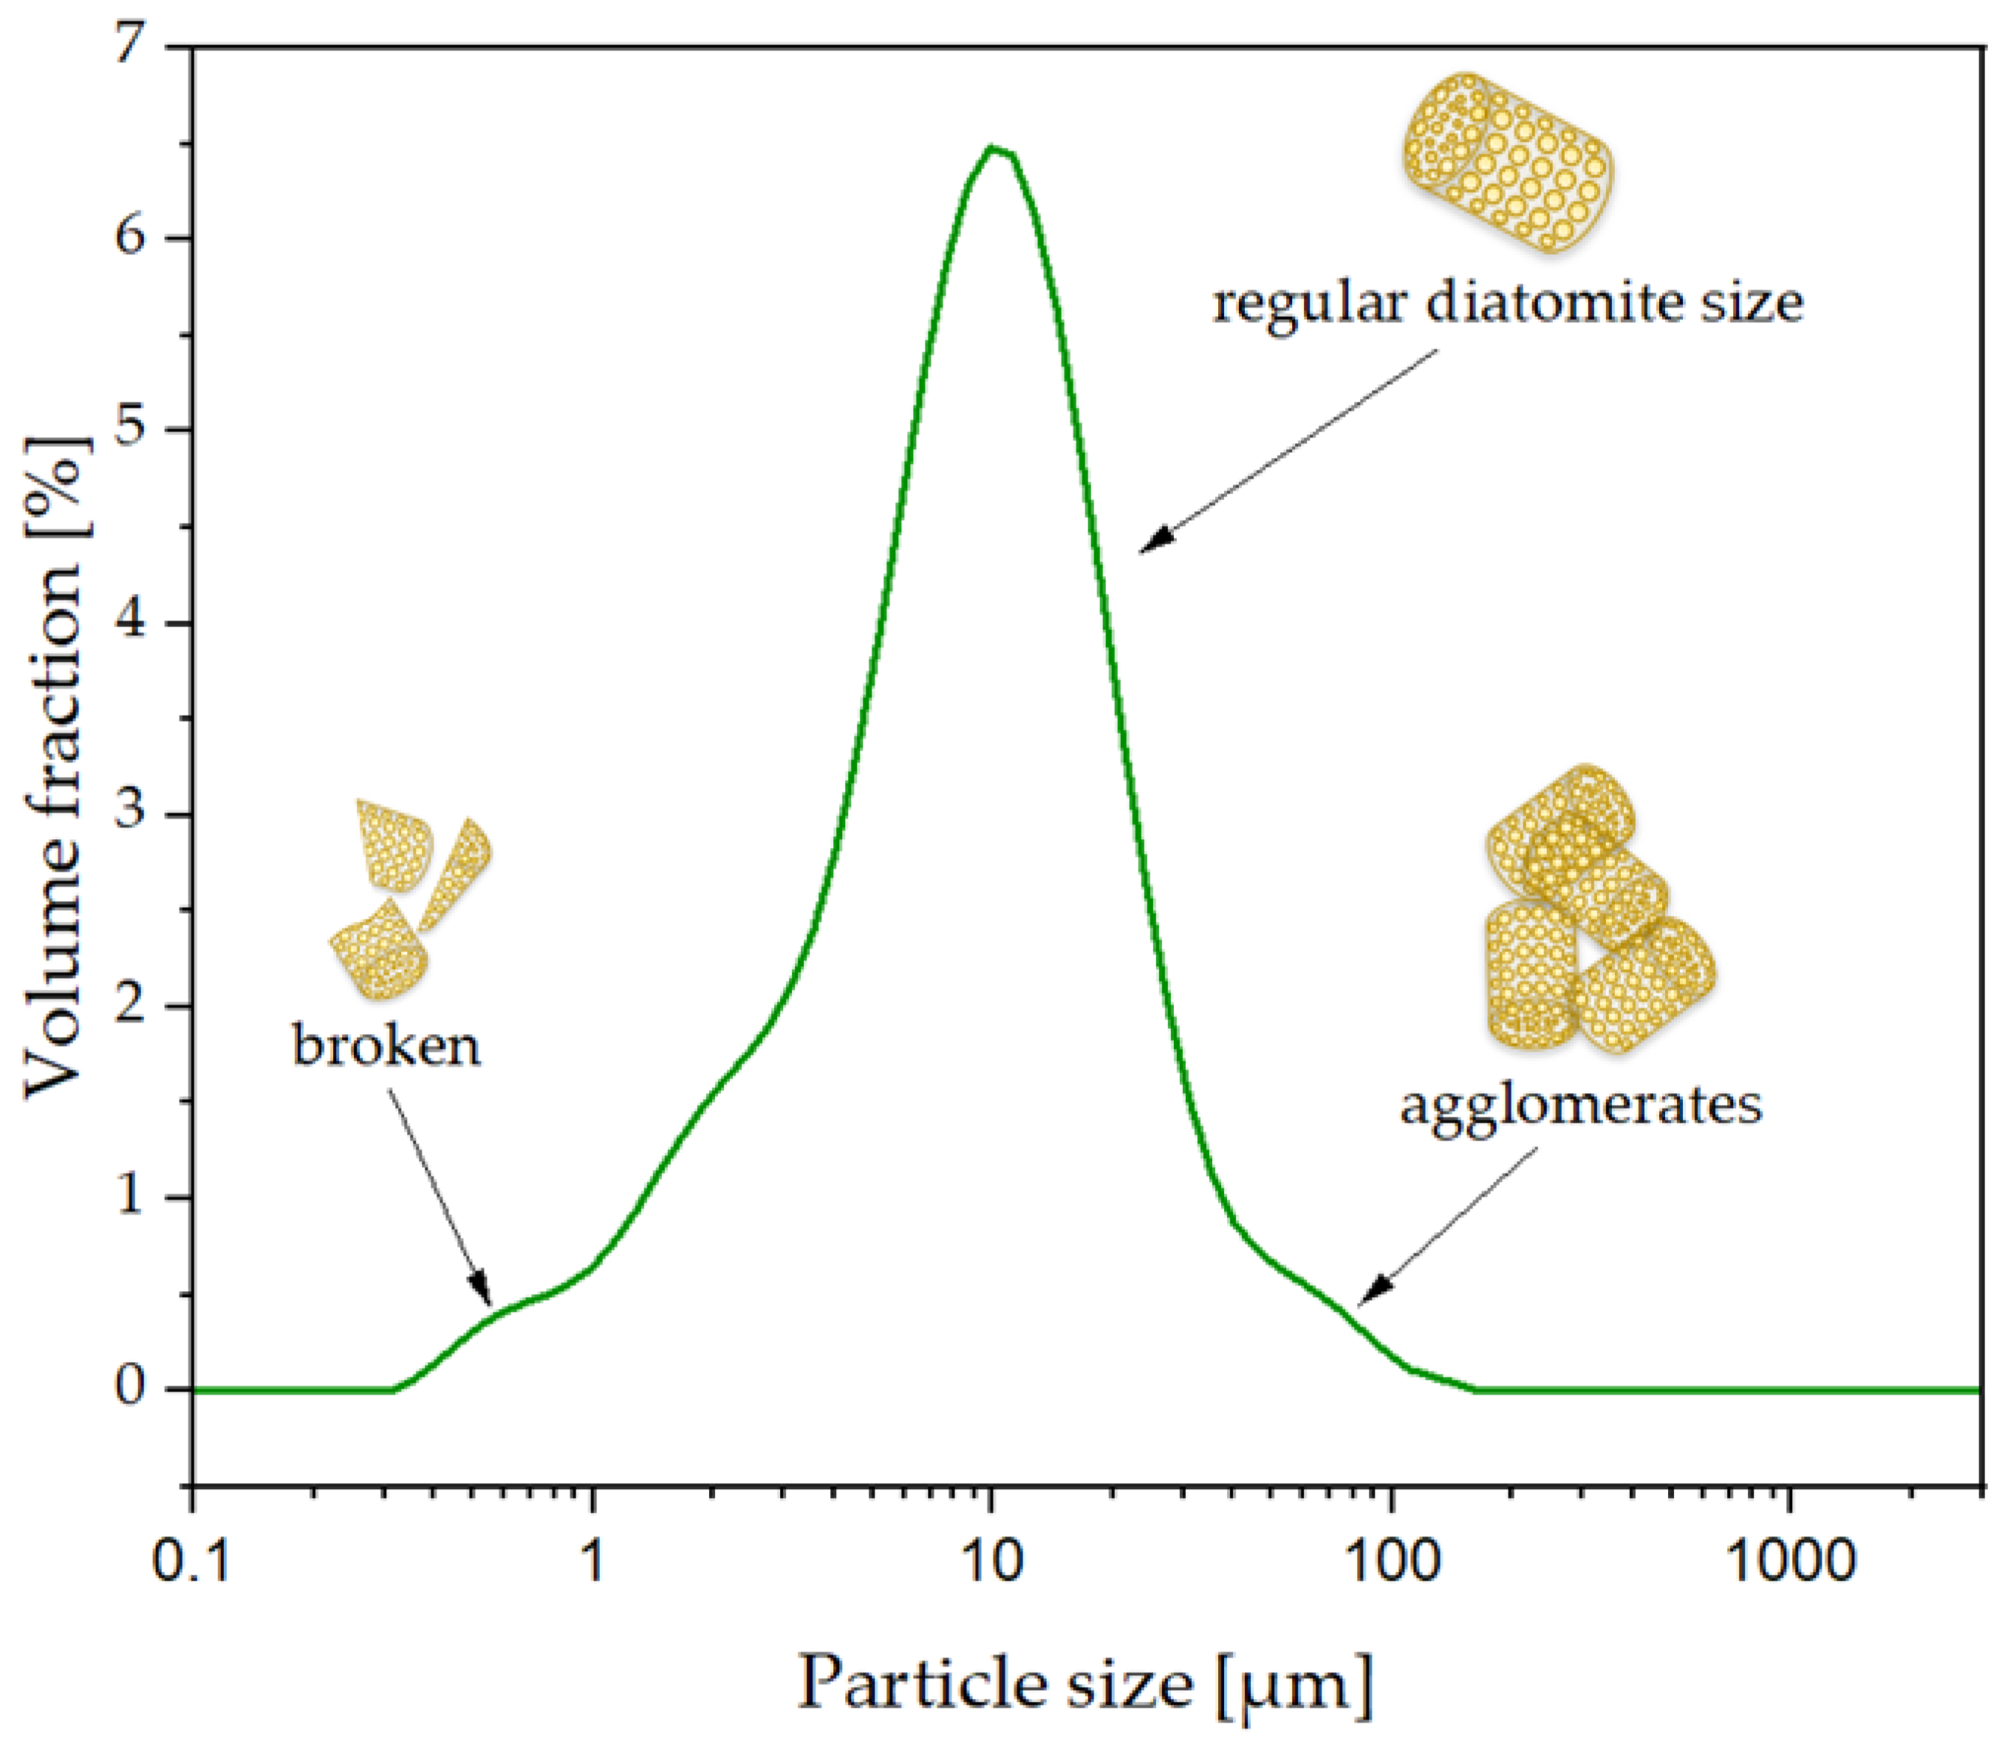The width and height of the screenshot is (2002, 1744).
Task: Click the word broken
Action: click(387, 1046)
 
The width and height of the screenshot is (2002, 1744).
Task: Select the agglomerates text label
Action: click(1581, 1106)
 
